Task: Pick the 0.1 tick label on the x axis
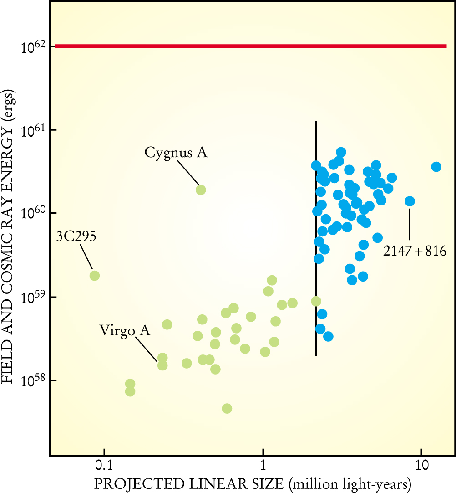click(104, 467)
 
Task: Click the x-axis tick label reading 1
click(263, 467)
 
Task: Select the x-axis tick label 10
click(421, 467)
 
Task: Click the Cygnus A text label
click(176, 153)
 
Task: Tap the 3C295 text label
click(76, 236)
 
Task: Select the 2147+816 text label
click(414, 251)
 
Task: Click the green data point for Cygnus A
click(201, 190)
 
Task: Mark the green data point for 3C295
click(95, 275)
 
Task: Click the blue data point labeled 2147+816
click(410, 201)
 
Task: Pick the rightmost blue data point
click(436, 167)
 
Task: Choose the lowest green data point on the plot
click(227, 408)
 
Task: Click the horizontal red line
click(250, 46)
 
